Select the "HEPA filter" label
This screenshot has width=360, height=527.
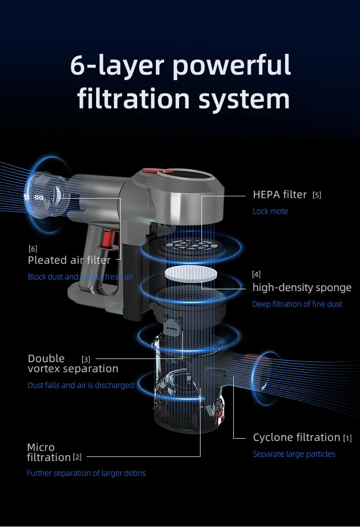[x=280, y=194]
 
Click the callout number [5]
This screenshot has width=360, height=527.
[x=317, y=195]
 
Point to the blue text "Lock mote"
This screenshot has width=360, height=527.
[x=271, y=211]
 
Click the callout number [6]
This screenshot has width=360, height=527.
[x=33, y=249]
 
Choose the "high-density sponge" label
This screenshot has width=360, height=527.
[x=302, y=287]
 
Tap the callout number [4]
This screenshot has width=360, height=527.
[x=256, y=275]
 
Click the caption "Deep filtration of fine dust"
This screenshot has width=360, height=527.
[x=298, y=304]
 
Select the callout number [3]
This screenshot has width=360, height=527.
[x=86, y=359]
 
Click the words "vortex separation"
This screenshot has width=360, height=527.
[x=73, y=369]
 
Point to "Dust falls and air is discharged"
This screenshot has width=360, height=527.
[x=81, y=385]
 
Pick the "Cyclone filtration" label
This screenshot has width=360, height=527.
[x=297, y=437]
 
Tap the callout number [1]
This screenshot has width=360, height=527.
[x=348, y=438]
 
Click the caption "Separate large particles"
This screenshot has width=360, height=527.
[x=294, y=454]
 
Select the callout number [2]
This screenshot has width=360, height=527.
[x=77, y=458]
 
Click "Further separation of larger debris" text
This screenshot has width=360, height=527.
[x=86, y=473]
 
